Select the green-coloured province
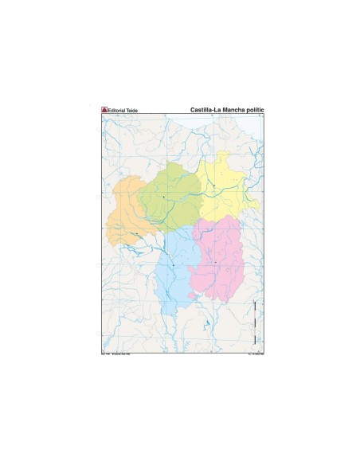click(170, 194)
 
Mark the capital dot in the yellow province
click(213, 186)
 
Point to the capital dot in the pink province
click(215, 262)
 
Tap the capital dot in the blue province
click(172, 264)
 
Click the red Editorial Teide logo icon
click(104, 109)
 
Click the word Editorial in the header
click(116, 109)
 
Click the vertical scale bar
click(254, 318)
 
